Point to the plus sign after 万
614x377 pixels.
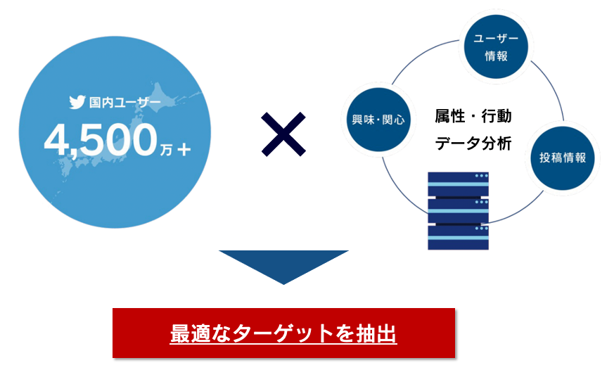(x=184, y=148)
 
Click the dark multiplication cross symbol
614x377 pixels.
(x=283, y=134)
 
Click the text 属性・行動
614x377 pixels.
(x=473, y=116)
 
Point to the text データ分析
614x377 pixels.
(x=473, y=143)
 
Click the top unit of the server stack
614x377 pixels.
(x=458, y=184)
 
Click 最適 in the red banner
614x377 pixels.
(x=186, y=333)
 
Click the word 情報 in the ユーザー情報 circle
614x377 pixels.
(x=496, y=56)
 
